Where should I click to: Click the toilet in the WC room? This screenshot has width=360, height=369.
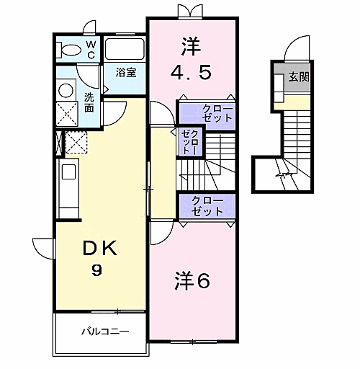[68, 50]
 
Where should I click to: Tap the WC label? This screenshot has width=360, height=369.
[91, 50]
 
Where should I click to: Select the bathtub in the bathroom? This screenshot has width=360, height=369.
[125, 48]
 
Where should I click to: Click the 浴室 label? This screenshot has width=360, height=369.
[126, 72]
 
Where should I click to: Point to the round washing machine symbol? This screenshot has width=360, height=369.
[66, 90]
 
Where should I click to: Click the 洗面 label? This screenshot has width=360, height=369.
[89, 102]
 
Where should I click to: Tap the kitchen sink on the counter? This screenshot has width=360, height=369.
[69, 172]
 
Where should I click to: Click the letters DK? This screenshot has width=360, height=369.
[99, 249]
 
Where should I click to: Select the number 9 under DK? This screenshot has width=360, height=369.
[96, 270]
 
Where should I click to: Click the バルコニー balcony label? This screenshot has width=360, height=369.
[105, 332]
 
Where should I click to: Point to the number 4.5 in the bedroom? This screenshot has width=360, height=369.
[192, 73]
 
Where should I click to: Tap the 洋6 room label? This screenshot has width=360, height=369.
[192, 280]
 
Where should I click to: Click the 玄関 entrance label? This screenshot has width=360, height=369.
[299, 77]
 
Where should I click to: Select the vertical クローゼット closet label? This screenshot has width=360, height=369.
[190, 142]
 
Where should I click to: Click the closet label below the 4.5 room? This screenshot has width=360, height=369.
[217, 113]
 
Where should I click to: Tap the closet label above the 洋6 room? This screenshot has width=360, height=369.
[207, 206]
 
